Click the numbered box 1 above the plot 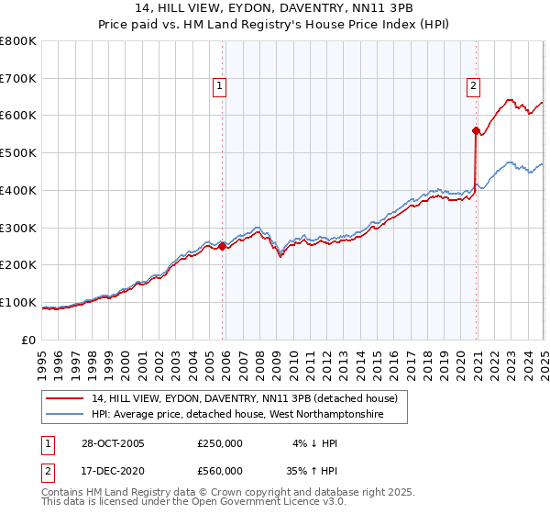(x=221, y=87)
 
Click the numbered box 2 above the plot (x=473, y=87)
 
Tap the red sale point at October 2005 (x=222, y=245)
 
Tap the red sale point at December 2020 (x=476, y=130)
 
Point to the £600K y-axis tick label (x=18, y=116)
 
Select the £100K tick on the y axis (x=18, y=302)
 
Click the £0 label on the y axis (x=29, y=340)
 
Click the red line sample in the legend (x=66, y=399)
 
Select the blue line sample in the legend (x=66, y=415)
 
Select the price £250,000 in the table (x=220, y=443)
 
